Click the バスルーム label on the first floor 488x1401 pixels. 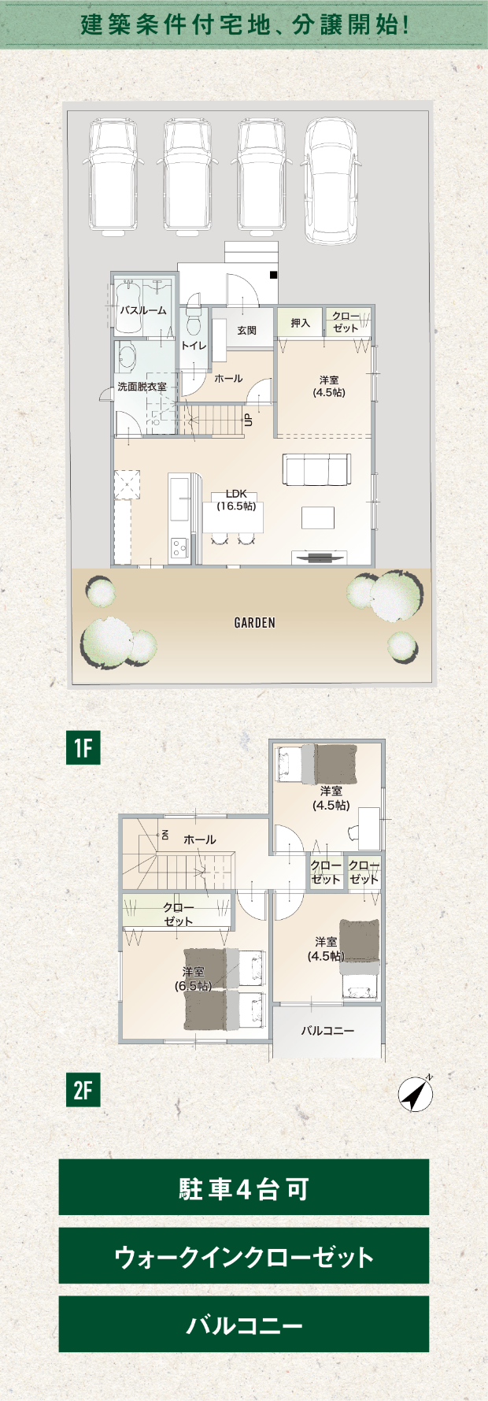(143, 310)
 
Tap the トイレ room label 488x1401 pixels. (194, 346)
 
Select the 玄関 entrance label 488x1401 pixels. (246, 331)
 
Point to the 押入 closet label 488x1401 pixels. (300, 323)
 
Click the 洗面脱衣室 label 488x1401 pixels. (142, 387)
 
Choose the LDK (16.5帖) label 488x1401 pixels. (236, 500)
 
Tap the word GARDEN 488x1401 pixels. (255, 623)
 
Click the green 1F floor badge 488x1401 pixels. (83, 747)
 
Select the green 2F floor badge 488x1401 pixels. (83, 1091)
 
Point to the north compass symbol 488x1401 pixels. (416, 1094)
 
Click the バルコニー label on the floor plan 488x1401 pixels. (327, 1030)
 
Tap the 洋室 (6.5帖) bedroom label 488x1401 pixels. (193, 979)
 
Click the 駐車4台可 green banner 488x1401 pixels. (244, 1188)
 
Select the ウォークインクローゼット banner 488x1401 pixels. (244, 1256)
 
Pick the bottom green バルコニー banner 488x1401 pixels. (244, 1325)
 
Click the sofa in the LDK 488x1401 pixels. (317, 470)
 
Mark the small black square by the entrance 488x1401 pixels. (273, 275)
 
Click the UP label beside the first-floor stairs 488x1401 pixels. (248, 421)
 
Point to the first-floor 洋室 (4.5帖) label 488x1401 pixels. (329, 386)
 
